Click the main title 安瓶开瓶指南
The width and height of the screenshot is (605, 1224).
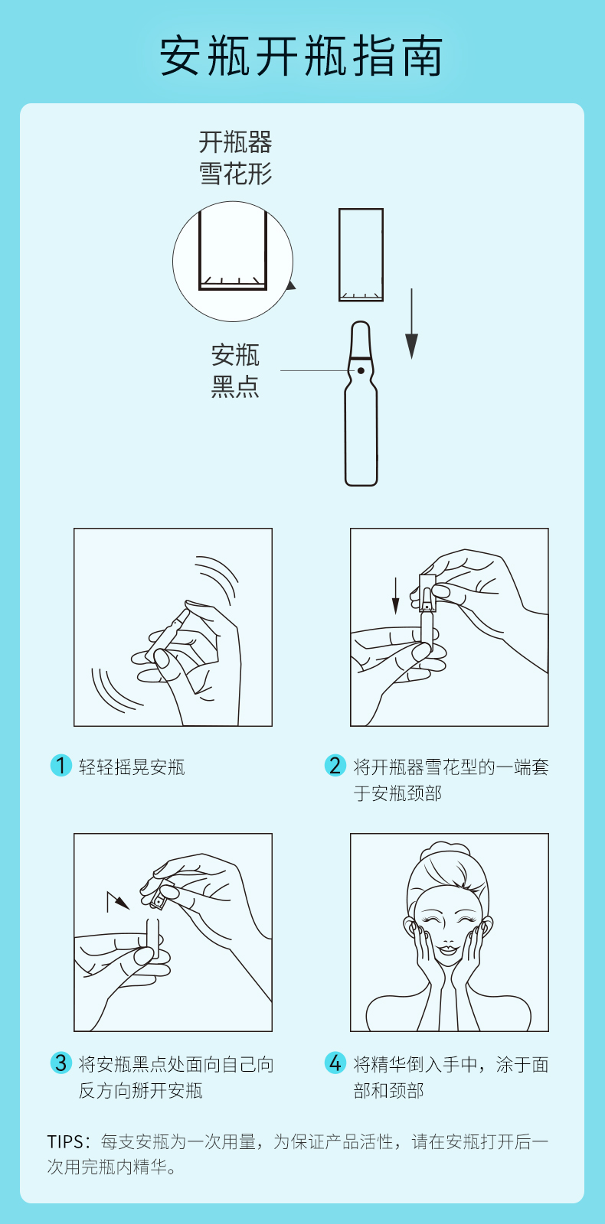point(302,56)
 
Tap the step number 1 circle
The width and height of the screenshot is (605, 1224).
point(61,766)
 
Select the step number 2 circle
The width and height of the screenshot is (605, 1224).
point(335,766)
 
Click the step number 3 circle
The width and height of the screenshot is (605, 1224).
point(61,1063)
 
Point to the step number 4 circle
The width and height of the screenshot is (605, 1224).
point(335,1063)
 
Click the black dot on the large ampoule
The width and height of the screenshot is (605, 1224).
point(361,371)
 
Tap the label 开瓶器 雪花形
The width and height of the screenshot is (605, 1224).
point(235,158)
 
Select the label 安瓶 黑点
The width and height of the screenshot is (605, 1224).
point(235,370)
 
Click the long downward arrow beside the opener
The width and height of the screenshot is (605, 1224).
point(411,324)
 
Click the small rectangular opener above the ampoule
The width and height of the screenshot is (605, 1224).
point(361,255)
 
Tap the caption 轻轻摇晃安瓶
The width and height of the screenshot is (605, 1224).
point(132,767)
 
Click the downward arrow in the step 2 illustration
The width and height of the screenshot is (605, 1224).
point(395,596)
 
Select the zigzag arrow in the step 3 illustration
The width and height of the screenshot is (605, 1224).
point(118,902)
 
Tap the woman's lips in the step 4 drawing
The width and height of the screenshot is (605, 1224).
point(448,947)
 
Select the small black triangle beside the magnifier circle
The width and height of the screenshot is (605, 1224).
point(291,285)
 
